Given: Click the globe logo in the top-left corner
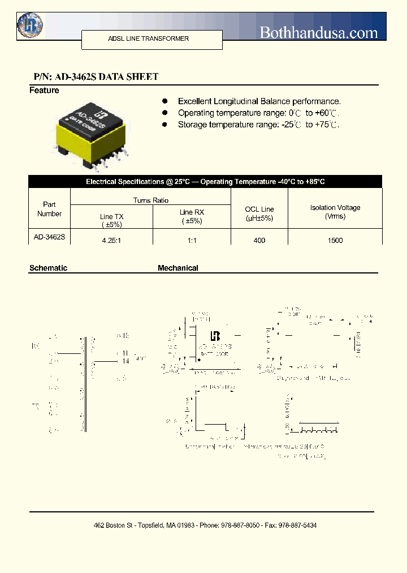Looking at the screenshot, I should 30,25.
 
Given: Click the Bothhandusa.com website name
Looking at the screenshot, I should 319,32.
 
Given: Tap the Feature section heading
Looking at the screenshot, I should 44,91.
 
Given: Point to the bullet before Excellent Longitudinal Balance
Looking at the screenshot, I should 165,101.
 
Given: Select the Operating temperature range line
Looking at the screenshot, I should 259,113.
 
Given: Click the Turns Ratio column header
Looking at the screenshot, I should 151,200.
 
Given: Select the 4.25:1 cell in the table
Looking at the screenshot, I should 111,241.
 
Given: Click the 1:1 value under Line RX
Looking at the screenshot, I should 192,241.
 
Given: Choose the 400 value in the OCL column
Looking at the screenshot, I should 259,241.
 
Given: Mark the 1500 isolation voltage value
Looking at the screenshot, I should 335,241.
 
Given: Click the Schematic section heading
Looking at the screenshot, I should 48,268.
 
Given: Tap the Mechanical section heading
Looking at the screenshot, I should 178,268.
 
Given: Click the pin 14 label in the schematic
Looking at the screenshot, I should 125,360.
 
